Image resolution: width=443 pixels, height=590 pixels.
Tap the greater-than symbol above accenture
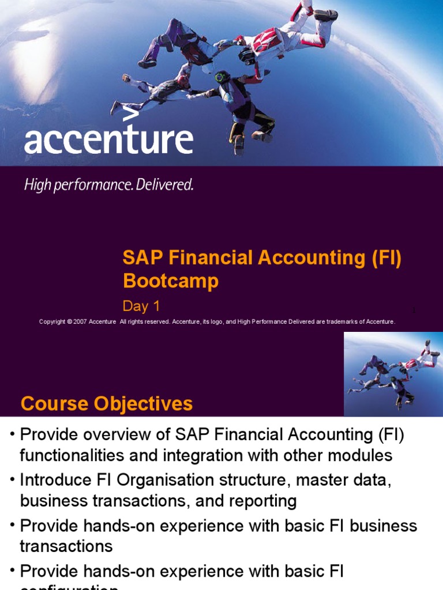131,113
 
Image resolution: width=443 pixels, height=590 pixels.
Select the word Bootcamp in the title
171,281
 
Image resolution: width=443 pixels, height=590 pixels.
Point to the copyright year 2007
80,322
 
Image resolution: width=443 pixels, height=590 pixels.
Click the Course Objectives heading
107,404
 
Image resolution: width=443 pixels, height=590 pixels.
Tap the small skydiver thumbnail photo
393,374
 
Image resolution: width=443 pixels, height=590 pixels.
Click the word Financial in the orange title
205,258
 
